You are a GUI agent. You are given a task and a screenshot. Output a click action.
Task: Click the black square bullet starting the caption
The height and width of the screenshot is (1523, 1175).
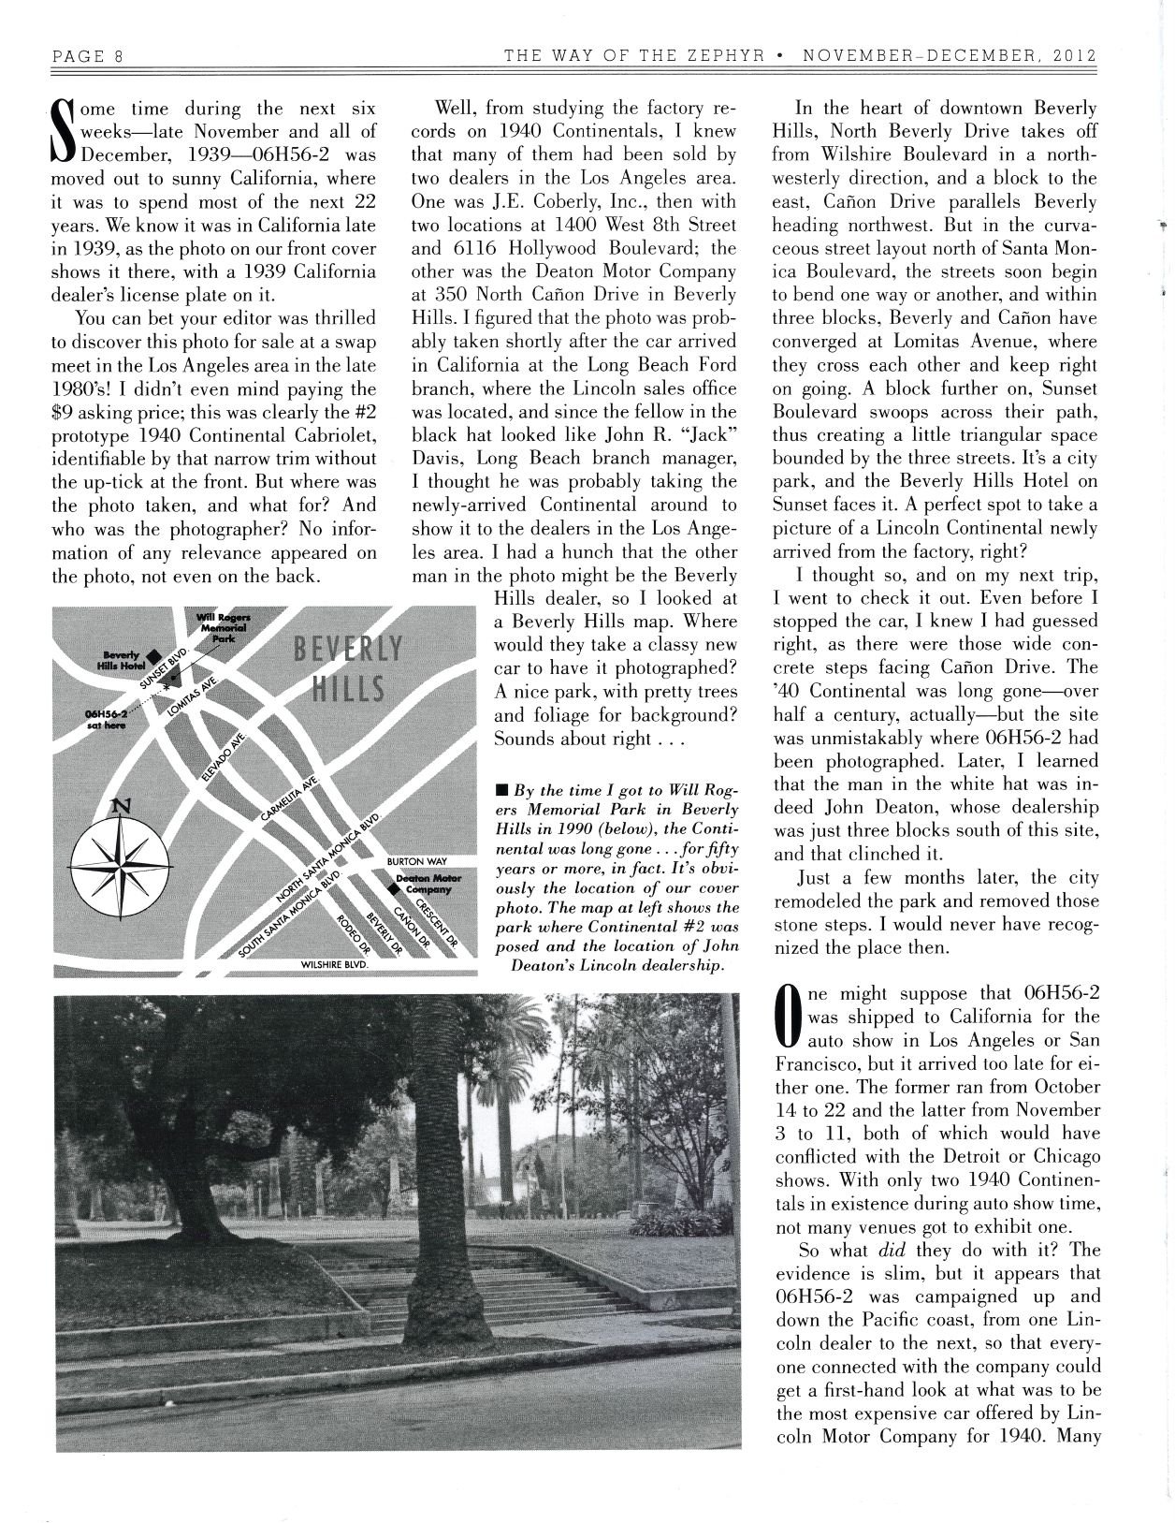tap(501, 792)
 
